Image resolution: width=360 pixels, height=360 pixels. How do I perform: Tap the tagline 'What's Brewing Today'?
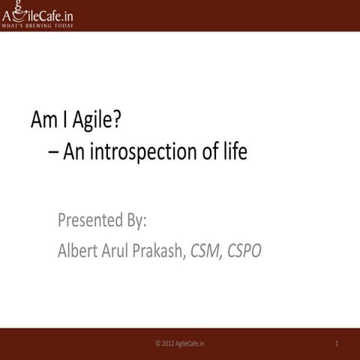(37, 26)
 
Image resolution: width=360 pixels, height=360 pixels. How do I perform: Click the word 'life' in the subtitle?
(234, 152)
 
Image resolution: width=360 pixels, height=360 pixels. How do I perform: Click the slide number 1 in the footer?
(337, 343)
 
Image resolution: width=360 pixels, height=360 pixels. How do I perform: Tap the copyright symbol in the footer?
(157, 343)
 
